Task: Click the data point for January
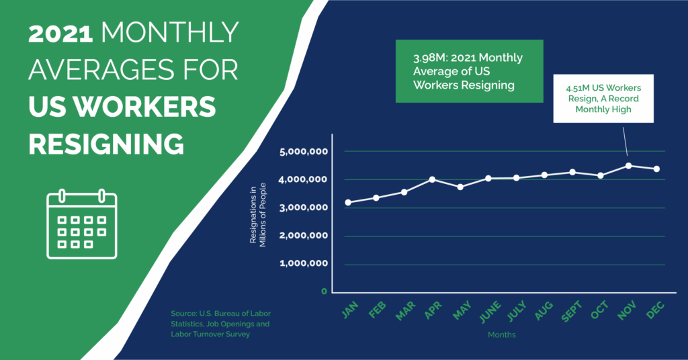point(347,202)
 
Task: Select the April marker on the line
point(432,179)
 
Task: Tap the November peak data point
point(628,165)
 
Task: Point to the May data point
point(460,187)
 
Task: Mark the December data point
point(656,169)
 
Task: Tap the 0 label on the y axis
point(324,291)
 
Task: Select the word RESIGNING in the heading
point(106,143)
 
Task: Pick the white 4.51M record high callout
point(603,98)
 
